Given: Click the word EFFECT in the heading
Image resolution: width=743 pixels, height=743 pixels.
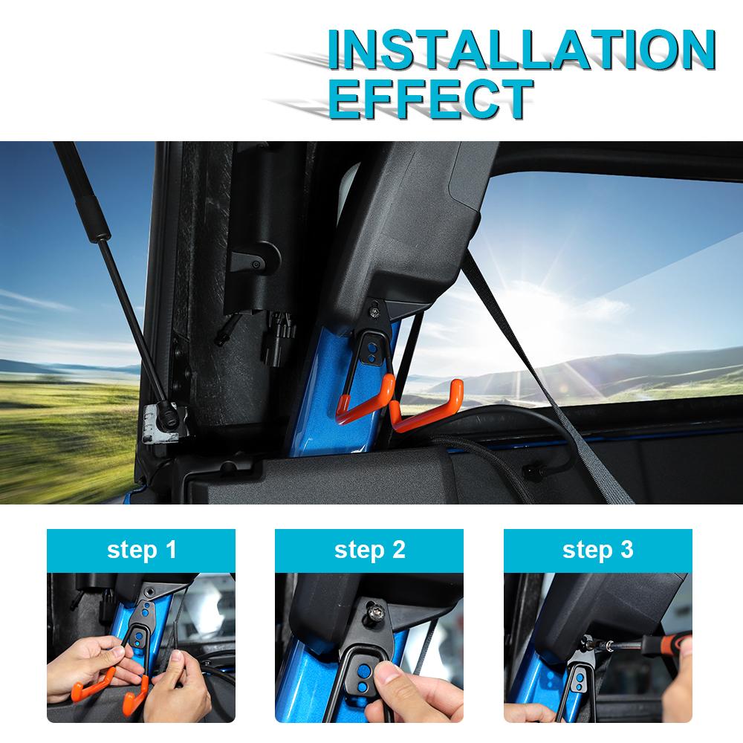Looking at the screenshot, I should (x=431, y=97).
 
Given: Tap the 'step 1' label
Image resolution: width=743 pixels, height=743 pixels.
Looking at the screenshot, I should (x=141, y=551).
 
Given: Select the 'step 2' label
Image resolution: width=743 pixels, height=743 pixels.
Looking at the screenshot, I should (x=369, y=551).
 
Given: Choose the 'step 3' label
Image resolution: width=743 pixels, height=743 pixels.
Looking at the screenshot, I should (x=597, y=551).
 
